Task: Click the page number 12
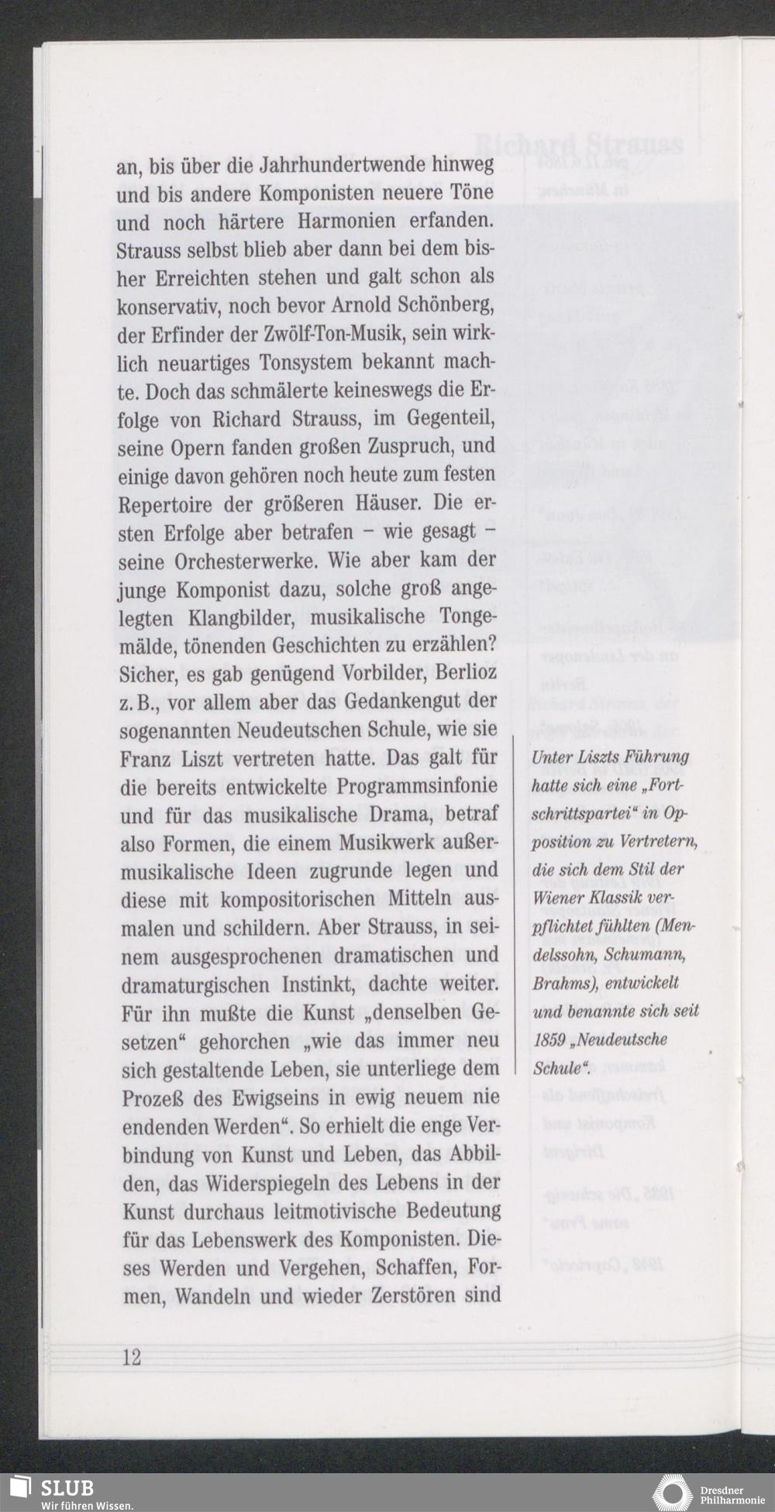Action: [131, 1357]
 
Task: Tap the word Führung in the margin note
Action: [660, 757]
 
